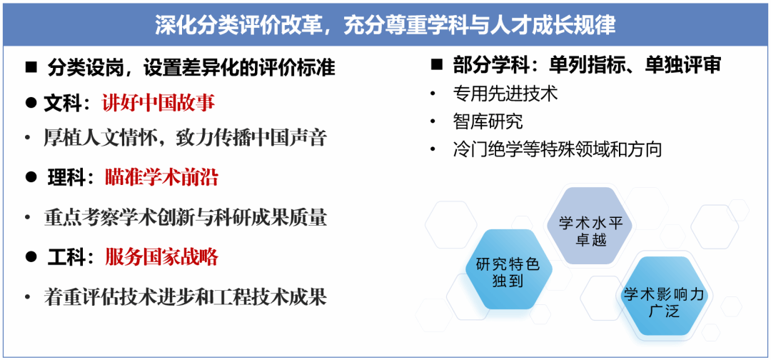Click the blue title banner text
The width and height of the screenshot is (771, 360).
pyautogui.click(x=385, y=24)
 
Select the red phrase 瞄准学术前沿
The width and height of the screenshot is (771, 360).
pyautogui.click(x=161, y=178)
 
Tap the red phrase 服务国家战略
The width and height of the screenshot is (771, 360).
pyautogui.click(x=161, y=257)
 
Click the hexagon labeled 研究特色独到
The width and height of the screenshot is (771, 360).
pyautogui.click(x=508, y=269)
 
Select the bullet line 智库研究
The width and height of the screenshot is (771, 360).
pyautogui.click(x=488, y=121)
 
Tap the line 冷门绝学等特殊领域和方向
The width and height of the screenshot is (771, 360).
pyautogui.click(x=557, y=149)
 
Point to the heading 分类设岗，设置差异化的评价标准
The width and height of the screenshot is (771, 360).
pyautogui.click(x=191, y=68)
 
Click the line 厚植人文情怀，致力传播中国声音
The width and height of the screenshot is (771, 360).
pyautogui.click(x=185, y=138)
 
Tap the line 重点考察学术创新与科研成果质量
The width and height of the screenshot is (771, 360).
pyautogui.click(x=185, y=218)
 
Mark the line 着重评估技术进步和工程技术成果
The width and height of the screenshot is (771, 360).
pyautogui.click(x=185, y=297)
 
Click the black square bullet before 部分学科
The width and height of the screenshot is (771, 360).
pyautogui.click(x=435, y=65)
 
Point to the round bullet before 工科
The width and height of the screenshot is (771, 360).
pyautogui.click(x=31, y=256)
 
